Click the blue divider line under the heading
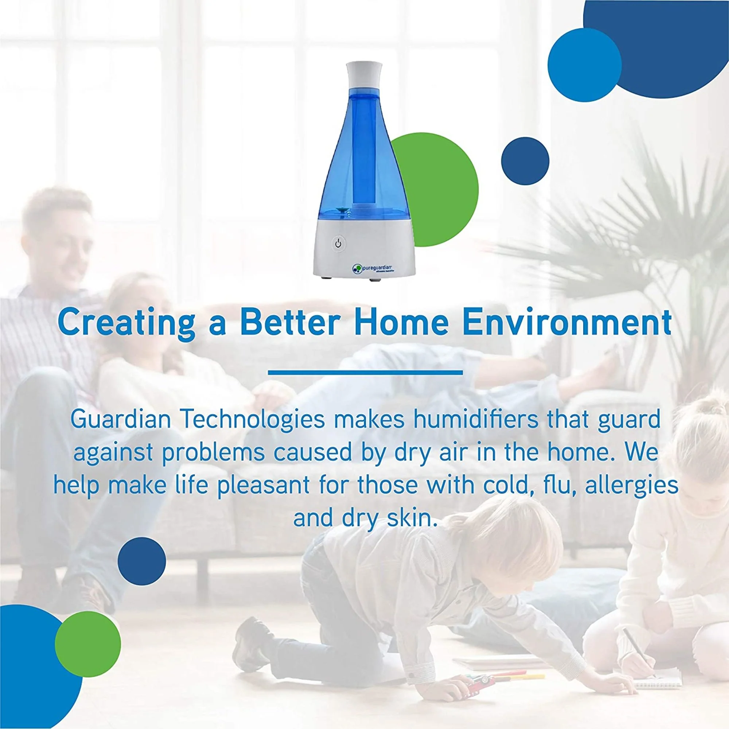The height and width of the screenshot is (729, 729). (x=365, y=373)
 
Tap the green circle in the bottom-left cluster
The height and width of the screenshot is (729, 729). (x=88, y=643)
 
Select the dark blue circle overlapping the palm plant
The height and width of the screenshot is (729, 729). (x=525, y=161)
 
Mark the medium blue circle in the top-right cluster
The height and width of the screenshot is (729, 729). (x=585, y=65)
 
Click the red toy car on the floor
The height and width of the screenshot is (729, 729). (x=477, y=680)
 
